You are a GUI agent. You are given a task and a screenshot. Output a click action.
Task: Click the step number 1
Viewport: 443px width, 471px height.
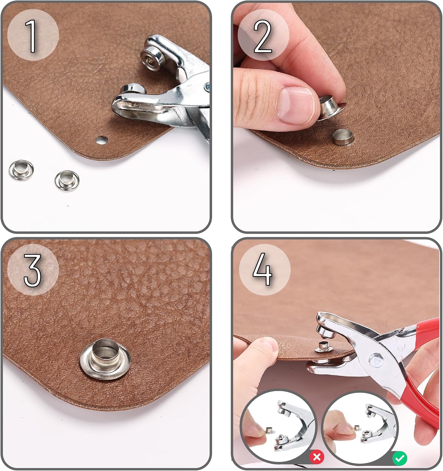pyautogui.click(x=31, y=36)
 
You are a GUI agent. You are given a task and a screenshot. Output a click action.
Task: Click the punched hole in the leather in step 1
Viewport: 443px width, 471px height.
pyautogui.click(x=102, y=140)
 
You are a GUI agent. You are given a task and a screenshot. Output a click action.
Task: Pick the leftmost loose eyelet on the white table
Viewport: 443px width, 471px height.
pyautogui.click(x=21, y=170)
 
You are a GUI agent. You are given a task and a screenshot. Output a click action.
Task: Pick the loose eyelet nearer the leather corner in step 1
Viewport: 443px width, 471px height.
pyautogui.click(x=67, y=181)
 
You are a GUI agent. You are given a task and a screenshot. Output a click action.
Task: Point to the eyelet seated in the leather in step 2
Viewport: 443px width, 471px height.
pyautogui.click(x=343, y=137)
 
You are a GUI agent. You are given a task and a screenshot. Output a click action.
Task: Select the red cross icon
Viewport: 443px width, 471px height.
pyautogui.click(x=316, y=457)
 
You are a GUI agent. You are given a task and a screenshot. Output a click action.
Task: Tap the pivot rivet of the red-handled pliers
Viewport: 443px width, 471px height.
pyautogui.click(x=376, y=361)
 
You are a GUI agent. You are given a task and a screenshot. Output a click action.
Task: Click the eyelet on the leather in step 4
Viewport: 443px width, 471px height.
pyautogui.click(x=323, y=347)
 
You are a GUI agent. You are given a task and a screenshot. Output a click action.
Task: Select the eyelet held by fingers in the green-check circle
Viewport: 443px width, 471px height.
pyautogui.click(x=357, y=428)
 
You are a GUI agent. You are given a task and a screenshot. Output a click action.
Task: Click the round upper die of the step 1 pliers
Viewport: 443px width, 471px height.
pyautogui.click(x=151, y=57)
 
